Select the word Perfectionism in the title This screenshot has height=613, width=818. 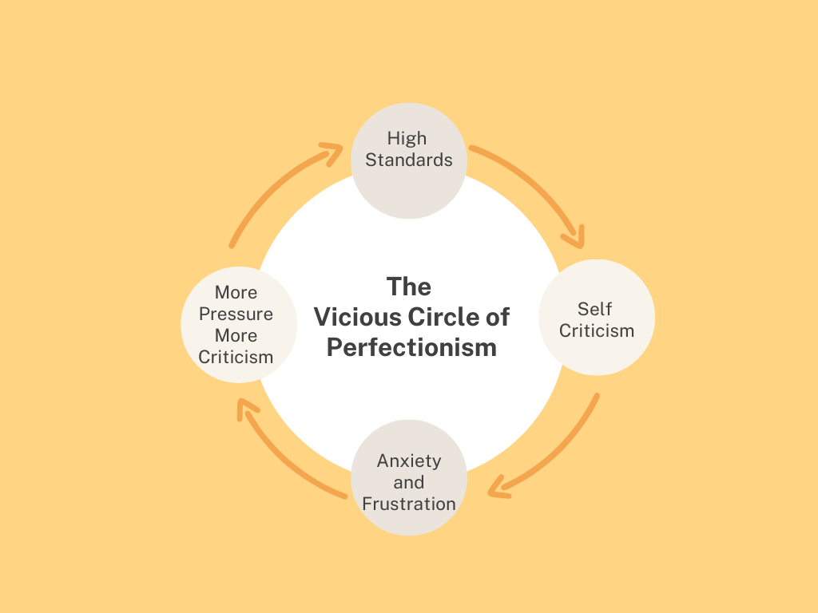pos(411,348)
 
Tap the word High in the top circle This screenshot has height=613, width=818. pos(407,138)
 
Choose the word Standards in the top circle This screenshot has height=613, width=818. pos(409,160)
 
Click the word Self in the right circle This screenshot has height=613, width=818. pos(595,309)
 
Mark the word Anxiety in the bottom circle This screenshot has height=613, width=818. pos(409,461)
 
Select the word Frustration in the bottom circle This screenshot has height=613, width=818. pos(409,504)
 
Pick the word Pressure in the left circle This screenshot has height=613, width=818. pos(236,314)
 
